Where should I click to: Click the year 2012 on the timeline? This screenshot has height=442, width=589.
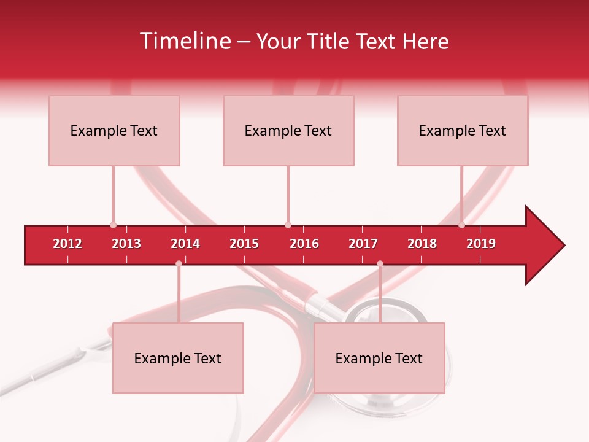point(67,244)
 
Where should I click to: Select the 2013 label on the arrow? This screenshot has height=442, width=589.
point(126,244)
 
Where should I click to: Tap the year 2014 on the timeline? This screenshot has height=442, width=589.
point(185,244)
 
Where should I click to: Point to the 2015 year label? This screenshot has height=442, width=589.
point(244,244)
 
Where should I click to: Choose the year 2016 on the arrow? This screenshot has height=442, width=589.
point(304,244)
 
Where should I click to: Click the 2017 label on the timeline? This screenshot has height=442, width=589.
point(363,244)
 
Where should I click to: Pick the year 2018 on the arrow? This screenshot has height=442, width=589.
point(422,244)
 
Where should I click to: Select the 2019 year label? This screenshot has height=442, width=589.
point(481,244)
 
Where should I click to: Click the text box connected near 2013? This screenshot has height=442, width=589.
point(114,130)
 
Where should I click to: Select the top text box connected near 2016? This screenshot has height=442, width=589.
point(288,130)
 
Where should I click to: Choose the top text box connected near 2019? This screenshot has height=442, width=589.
point(463,130)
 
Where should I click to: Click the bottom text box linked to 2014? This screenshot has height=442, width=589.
point(178,358)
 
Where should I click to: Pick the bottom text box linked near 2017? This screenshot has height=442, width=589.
point(379,358)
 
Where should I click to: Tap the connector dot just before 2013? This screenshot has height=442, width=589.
point(113,225)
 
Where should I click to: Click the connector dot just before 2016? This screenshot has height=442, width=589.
point(288,225)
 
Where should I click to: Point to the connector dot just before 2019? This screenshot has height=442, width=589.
point(461,225)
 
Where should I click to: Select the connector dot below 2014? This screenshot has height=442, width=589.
point(179,264)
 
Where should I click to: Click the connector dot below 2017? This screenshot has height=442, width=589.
point(380,264)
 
